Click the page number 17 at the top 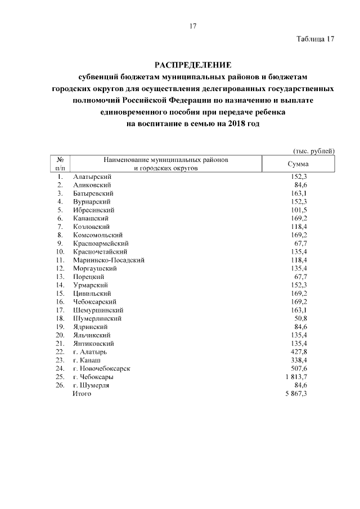coord(192,26)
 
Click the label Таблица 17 coord(316,39)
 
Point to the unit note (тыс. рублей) coord(314,151)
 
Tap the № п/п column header coord(60,164)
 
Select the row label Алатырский coord(92,177)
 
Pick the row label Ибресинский coord(92,210)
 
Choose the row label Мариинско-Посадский coord(109,260)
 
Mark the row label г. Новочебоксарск coord(102,368)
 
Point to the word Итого coord(82,394)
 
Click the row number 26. coord(60,385)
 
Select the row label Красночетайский coord(100,251)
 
